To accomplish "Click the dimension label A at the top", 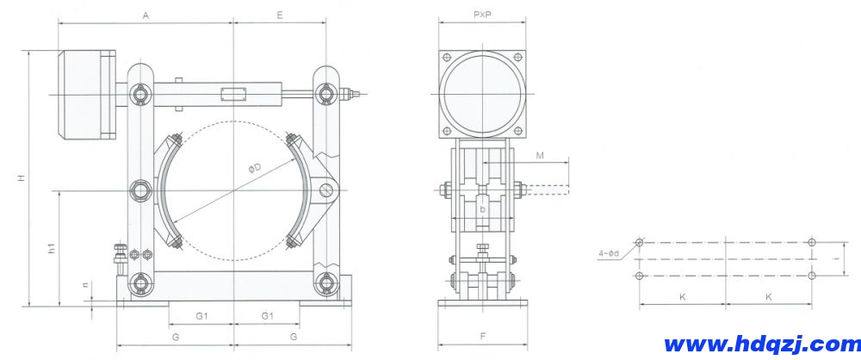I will tap(146, 16).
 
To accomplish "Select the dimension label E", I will tap(281, 16).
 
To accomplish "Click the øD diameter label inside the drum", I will tap(256, 170).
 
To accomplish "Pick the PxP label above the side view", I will tap(481, 16).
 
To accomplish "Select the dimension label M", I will tap(539, 155).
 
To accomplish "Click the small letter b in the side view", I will tap(483, 208).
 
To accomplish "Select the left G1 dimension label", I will tap(201, 316).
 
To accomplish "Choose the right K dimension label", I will tap(768, 295).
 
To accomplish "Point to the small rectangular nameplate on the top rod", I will tap(233, 93).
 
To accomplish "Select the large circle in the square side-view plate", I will tap(482, 92).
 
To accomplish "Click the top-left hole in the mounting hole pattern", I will tap(639, 242).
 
